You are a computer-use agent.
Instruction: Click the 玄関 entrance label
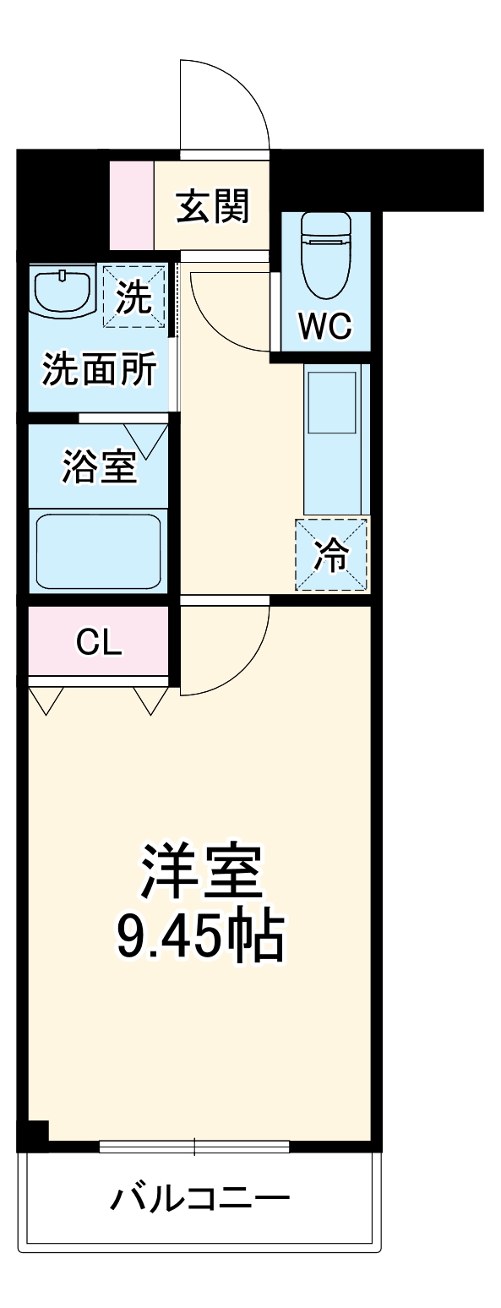[213, 207]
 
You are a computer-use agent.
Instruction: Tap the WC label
[325, 326]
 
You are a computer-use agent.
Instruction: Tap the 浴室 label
[99, 467]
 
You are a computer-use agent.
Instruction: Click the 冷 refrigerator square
[331, 555]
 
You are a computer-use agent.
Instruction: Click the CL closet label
[99, 643]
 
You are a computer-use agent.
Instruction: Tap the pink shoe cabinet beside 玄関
[132, 204]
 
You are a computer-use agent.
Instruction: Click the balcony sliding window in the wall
[194, 1147]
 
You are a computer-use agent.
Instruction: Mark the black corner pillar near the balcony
[34, 1134]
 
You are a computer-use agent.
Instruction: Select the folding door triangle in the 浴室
[148, 439]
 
